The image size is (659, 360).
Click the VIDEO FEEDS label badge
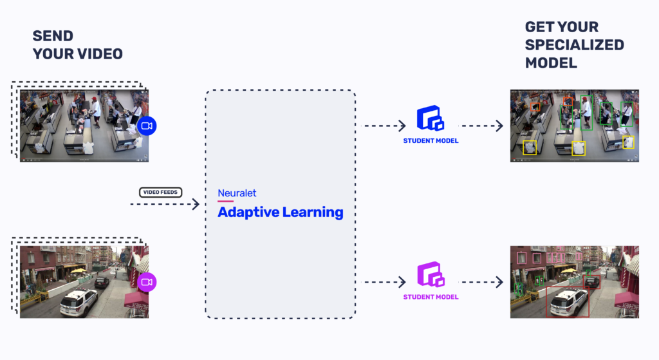click(161, 192)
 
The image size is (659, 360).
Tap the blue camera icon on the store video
click(146, 126)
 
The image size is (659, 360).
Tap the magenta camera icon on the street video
click(147, 282)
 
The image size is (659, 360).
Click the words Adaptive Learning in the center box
click(280, 212)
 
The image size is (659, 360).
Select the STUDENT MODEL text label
click(431, 298)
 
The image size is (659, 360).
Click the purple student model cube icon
click(431, 275)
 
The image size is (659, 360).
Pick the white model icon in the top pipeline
click(432, 120)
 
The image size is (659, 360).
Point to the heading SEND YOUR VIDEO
click(77, 45)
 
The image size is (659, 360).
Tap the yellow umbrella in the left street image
click(77, 271)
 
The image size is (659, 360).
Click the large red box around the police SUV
click(567, 302)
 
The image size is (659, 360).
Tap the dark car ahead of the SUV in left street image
click(102, 281)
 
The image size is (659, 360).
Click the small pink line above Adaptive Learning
click(225, 201)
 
